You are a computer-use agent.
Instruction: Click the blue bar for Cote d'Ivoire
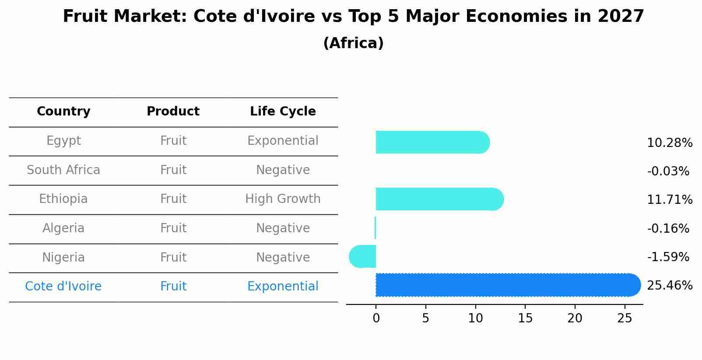508,285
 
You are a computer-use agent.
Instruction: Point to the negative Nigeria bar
363,256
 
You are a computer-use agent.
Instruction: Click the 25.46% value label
669,286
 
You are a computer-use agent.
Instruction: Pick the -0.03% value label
668,171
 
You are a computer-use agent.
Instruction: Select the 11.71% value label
669,200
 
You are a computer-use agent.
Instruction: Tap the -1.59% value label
668,257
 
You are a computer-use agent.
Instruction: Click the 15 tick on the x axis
525,318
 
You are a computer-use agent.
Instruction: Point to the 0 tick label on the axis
376,318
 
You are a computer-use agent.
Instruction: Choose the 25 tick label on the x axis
625,318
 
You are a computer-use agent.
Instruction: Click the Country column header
63,112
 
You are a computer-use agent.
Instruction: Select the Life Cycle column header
283,112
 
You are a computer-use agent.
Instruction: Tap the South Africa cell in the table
63,170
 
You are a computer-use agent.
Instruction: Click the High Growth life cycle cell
283,199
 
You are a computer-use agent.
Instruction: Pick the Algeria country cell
63,228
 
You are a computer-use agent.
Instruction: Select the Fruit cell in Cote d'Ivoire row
173,287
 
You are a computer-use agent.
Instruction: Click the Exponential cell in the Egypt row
283,141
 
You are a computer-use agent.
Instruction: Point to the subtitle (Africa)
353,43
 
